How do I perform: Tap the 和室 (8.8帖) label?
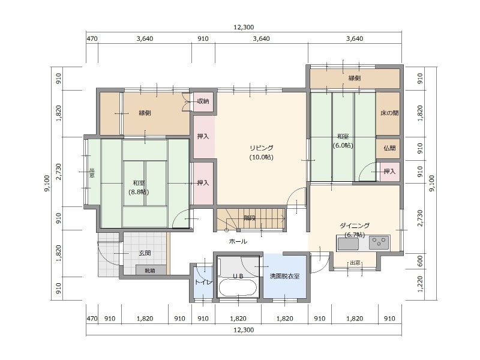pyautogui.click(x=139, y=188)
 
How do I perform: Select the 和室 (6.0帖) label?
pyautogui.click(x=343, y=141)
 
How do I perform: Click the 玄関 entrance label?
pyautogui.click(x=145, y=253)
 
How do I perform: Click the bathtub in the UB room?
pyautogui.click(x=238, y=288)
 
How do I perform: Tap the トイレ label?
pyautogui.click(x=203, y=282)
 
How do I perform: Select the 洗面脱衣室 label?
pyautogui.click(x=284, y=276)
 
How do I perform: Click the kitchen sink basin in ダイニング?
pyautogui.click(x=348, y=244)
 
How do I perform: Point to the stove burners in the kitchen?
pyautogui.click(x=379, y=243)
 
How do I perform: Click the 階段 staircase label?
pyautogui.click(x=250, y=218)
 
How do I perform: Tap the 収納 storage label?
pyautogui.click(x=203, y=101)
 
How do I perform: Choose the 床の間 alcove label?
pyautogui.click(x=389, y=113)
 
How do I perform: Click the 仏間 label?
pyautogui.click(x=389, y=148)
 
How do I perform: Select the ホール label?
pyautogui.click(x=238, y=241)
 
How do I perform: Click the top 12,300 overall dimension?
pyautogui.click(x=244, y=27)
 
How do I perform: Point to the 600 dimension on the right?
pyautogui.click(x=420, y=261)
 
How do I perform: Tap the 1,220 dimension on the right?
pyautogui.click(x=420, y=284)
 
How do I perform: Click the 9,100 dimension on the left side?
pyautogui.click(x=47, y=183)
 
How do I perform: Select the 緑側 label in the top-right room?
pyautogui.click(x=355, y=78)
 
